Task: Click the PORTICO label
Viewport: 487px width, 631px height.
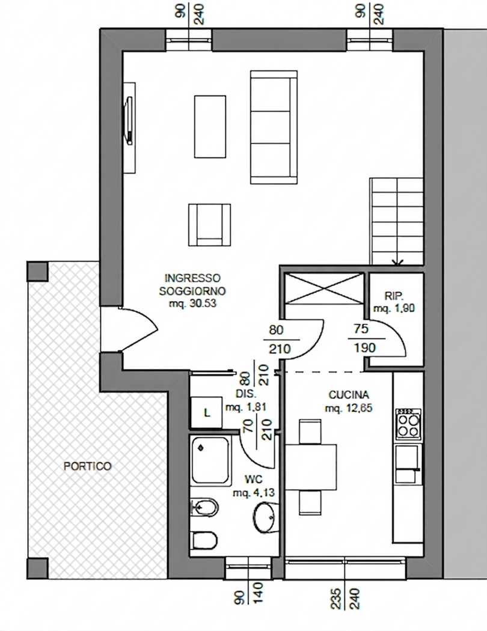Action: [x=87, y=466]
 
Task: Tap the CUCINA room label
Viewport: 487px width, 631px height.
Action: [x=349, y=395]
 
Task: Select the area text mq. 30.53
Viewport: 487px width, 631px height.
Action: [x=192, y=303]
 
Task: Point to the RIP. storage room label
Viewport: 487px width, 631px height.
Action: [x=394, y=296]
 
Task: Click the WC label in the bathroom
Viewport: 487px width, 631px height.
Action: [x=254, y=480]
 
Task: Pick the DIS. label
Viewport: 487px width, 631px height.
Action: [x=246, y=394]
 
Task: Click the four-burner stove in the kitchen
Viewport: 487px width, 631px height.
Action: [x=408, y=424]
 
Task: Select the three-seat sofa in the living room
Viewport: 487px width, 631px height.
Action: [x=274, y=127]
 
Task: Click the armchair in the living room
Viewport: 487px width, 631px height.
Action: [x=210, y=225]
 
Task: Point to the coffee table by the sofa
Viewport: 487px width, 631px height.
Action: [x=210, y=126]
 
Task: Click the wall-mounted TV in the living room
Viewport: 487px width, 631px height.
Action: [x=129, y=121]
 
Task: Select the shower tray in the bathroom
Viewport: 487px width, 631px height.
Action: [x=210, y=460]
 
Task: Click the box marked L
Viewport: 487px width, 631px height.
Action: [x=206, y=412]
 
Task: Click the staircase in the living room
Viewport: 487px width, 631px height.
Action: [x=396, y=222]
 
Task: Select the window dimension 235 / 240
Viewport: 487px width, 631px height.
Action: [x=345, y=599]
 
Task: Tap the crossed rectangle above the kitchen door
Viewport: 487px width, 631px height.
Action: [x=325, y=288]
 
